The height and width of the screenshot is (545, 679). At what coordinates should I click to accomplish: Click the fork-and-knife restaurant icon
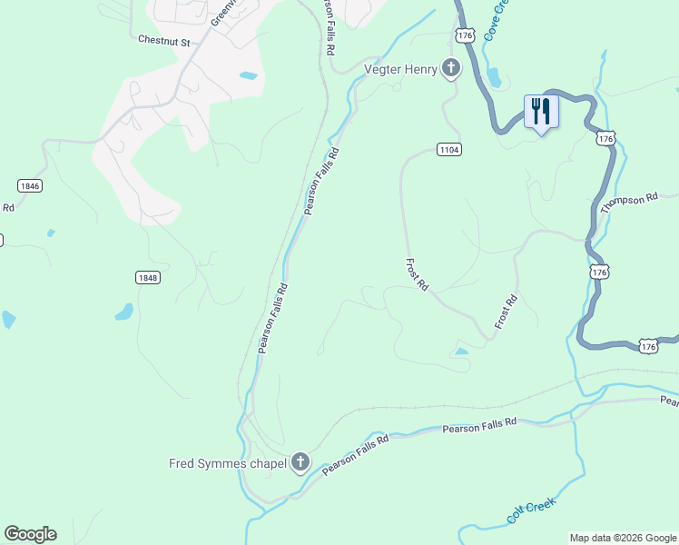click(x=541, y=112)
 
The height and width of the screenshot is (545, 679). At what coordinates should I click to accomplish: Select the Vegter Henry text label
click(x=400, y=69)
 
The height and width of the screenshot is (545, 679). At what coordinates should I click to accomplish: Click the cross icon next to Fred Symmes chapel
click(x=300, y=463)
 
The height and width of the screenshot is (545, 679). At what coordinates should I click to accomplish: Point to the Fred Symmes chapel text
click(x=228, y=463)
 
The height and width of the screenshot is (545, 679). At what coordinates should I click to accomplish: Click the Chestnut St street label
click(x=163, y=41)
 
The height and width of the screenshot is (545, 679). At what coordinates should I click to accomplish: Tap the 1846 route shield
click(x=29, y=185)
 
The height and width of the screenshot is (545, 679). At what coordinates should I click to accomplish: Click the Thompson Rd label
click(x=628, y=203)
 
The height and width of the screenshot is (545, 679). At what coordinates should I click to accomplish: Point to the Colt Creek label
click(x=531, y=512)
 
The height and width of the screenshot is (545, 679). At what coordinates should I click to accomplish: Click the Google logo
click(x=30, y=533)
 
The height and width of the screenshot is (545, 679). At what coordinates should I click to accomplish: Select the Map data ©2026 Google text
click(x=623, y=538)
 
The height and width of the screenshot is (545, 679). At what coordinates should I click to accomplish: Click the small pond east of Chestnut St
click(x=248, y=75)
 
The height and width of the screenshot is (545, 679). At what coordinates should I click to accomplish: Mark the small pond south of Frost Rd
click(x=461, y=351)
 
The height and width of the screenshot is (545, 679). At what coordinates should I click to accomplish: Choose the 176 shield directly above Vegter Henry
click(x=466, y=35)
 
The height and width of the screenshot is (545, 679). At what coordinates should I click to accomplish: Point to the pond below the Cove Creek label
click(x=494, y=77)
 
